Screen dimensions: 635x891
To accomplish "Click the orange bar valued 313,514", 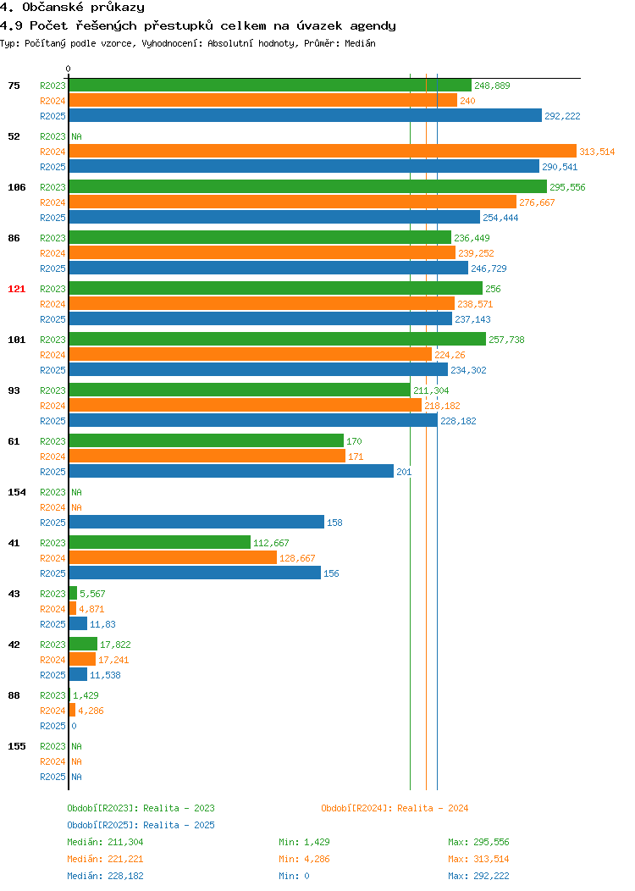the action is coord(323,151).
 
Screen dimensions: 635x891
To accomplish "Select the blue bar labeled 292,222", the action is coord(306,115).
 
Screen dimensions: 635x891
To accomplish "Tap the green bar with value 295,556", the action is coord(308,187).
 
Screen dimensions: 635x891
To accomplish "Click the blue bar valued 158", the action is coord(196,523).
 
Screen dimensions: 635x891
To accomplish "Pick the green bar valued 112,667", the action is coord(160,543).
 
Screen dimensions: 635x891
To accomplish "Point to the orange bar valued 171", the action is coord(207,457).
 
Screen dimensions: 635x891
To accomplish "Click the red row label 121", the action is coord(16,289).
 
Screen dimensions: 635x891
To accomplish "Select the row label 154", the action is coord(16,492).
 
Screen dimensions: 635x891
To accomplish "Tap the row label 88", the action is coord(14,695).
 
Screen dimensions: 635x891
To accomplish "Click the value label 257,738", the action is coord(506,340).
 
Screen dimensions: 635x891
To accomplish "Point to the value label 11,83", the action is coord(102,624).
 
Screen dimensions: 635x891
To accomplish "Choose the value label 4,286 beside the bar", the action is coord(91,711).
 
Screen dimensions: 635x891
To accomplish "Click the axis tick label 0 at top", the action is coord(69,69).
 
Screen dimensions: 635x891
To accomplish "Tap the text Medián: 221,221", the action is coord(105,859).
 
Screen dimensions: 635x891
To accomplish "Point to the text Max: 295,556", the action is coord(478,842).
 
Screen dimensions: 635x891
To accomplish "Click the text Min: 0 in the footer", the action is coord(294,877).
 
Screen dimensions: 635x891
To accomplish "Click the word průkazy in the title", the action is coord(118,8).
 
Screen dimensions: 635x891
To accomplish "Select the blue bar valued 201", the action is coord(231,471).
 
